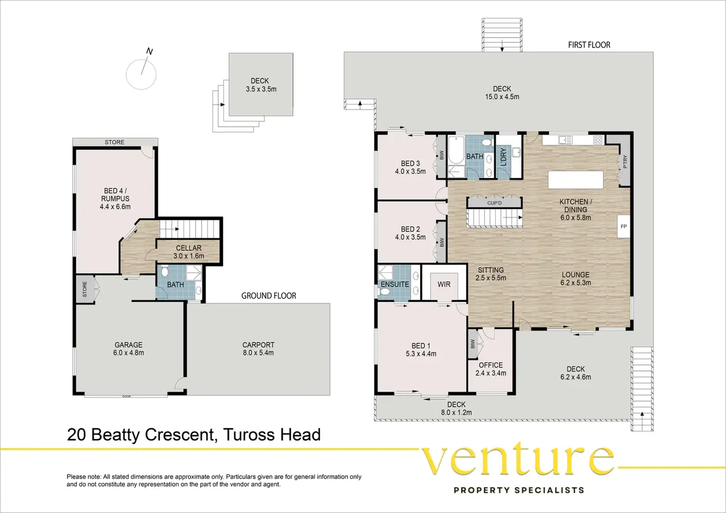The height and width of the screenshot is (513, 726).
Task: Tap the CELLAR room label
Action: [188, 248]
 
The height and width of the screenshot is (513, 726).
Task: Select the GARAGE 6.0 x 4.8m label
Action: [129, 349]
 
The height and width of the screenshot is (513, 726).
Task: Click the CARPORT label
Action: [258, 345]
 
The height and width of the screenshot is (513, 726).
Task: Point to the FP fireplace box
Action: [624, 226]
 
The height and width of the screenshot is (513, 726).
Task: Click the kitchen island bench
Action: [575, 180]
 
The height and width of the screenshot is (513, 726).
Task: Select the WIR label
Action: [444, 284]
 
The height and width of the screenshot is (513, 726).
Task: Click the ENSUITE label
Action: [395, 284]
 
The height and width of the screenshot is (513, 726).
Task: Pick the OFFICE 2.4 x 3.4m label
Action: [491, 369]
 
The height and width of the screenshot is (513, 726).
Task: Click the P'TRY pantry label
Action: [625, 162]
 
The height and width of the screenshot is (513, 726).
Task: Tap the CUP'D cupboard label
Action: [494, 203]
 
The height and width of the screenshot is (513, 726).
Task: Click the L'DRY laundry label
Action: [504, 157]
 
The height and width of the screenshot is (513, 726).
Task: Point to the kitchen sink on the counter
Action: [565, 140]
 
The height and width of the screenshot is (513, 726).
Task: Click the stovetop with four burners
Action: [598, 140]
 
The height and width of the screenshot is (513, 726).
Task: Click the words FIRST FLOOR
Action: [589, 45]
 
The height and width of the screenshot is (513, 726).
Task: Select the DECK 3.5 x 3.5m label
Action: [261, 85]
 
